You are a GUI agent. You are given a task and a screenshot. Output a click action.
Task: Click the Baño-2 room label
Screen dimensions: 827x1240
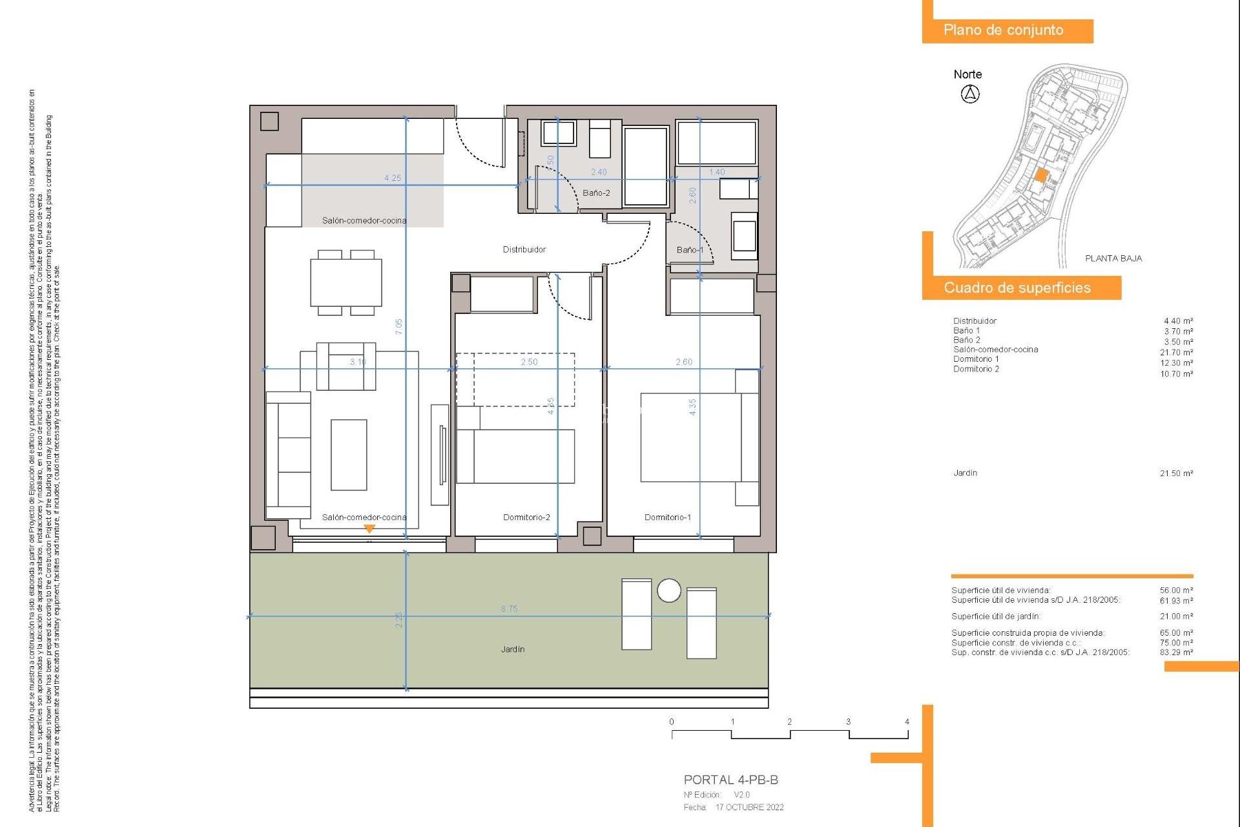click(595, 193)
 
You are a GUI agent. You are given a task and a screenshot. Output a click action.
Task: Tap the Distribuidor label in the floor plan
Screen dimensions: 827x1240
click(524, 249)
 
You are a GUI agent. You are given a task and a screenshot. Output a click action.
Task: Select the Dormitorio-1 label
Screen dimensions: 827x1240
click(667, 517)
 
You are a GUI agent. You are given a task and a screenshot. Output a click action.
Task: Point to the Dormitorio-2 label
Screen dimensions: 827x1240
click(526, 517)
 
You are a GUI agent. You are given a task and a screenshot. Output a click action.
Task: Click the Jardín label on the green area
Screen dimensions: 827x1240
click(512, 649)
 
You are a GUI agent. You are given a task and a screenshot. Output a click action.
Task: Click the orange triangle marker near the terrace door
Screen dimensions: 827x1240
click(369, 529)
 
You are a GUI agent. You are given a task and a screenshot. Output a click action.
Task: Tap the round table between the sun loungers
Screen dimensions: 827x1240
click(668, 590)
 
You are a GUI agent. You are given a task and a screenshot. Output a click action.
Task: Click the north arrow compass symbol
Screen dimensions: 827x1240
click(969, 94)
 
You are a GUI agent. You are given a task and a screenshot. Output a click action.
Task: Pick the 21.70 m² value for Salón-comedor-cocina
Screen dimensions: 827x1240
click(1176, 352)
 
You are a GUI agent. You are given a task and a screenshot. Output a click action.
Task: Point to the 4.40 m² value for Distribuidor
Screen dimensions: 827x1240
click(1178, 321)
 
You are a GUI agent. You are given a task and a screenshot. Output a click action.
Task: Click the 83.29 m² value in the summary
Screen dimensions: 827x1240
click(1176, 653)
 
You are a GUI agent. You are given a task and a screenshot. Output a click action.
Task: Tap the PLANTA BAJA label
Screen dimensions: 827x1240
click(1113, 258)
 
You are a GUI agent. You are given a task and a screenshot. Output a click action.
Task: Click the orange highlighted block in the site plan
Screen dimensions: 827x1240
click(1041, 175)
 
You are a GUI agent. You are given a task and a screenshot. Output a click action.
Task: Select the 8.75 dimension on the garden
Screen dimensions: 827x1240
click(509, 609)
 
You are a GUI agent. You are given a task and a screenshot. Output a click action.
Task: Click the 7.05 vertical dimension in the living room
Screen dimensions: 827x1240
click(398, 326)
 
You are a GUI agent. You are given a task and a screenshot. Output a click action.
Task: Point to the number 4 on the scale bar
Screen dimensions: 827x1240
click(907, 722)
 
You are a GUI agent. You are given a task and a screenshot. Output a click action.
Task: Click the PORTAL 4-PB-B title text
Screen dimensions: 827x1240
click(730, 780)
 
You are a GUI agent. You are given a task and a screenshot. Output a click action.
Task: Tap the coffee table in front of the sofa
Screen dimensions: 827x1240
click(349, 454)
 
